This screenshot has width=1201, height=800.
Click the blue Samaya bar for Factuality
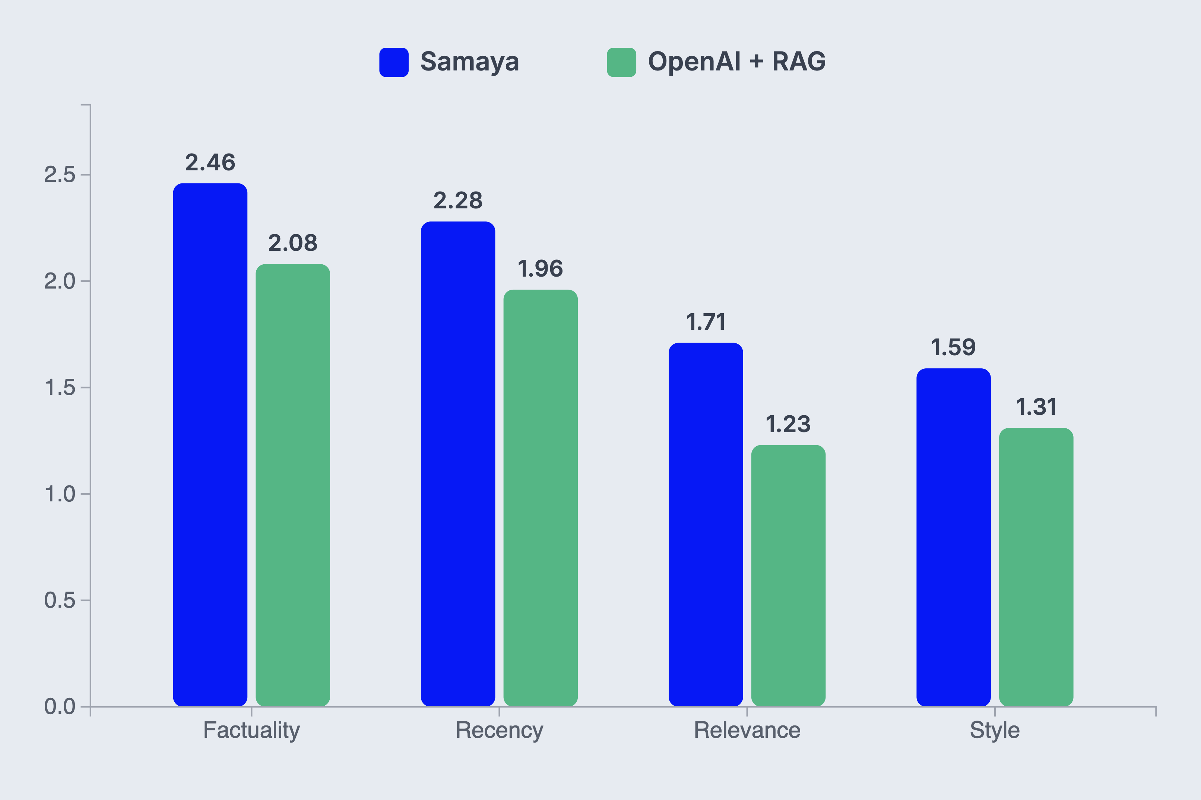pos(210,444)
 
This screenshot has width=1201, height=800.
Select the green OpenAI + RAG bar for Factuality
pos(292,485)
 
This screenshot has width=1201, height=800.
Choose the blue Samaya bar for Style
pos(953,537)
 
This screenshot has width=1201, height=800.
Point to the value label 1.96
pos(541,269)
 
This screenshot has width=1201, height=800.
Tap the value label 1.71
pos(706,322)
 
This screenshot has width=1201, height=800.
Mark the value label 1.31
pos(1036,407)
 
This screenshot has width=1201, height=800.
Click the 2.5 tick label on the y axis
pos(60,175)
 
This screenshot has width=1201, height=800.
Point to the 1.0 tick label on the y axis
pos(60,494)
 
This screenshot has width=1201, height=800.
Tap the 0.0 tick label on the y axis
pos(60,707)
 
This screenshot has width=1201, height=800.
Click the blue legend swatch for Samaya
pos(393,62)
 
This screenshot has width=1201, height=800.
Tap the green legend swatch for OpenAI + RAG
pos(621,62)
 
